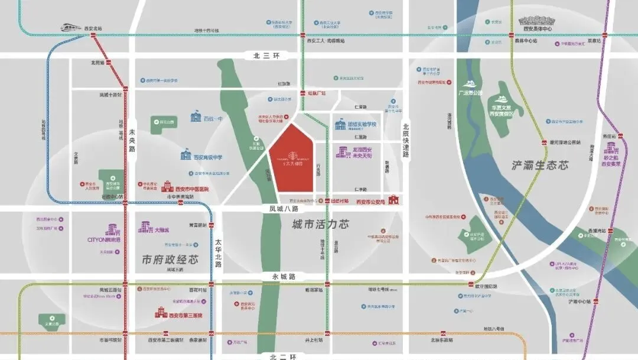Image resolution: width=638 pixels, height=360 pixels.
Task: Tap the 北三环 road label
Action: (x=265, y=55)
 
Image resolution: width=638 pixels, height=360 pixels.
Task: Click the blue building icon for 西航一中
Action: (x=196, y=116)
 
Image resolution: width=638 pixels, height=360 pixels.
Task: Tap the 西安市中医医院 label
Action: (x=192, y=189)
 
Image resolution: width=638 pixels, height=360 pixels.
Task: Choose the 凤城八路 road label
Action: (x=280, y=209)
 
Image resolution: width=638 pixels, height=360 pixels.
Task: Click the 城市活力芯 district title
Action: (x=320, y=225)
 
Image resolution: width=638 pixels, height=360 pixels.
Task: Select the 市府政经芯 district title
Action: (x=170, y=260)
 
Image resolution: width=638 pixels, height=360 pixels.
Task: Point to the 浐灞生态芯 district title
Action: (x=540, y=166)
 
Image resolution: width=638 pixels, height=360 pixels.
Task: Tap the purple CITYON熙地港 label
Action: (x=103, y=240)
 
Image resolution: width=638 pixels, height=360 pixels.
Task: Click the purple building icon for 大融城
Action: (x=144, y=226)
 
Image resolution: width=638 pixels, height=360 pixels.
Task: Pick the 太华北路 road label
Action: (x=218, y=252)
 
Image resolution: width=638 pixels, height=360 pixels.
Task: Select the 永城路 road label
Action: (x=283, y=277)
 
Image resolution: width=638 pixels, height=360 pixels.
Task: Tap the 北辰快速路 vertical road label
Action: (x=406, y=140)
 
